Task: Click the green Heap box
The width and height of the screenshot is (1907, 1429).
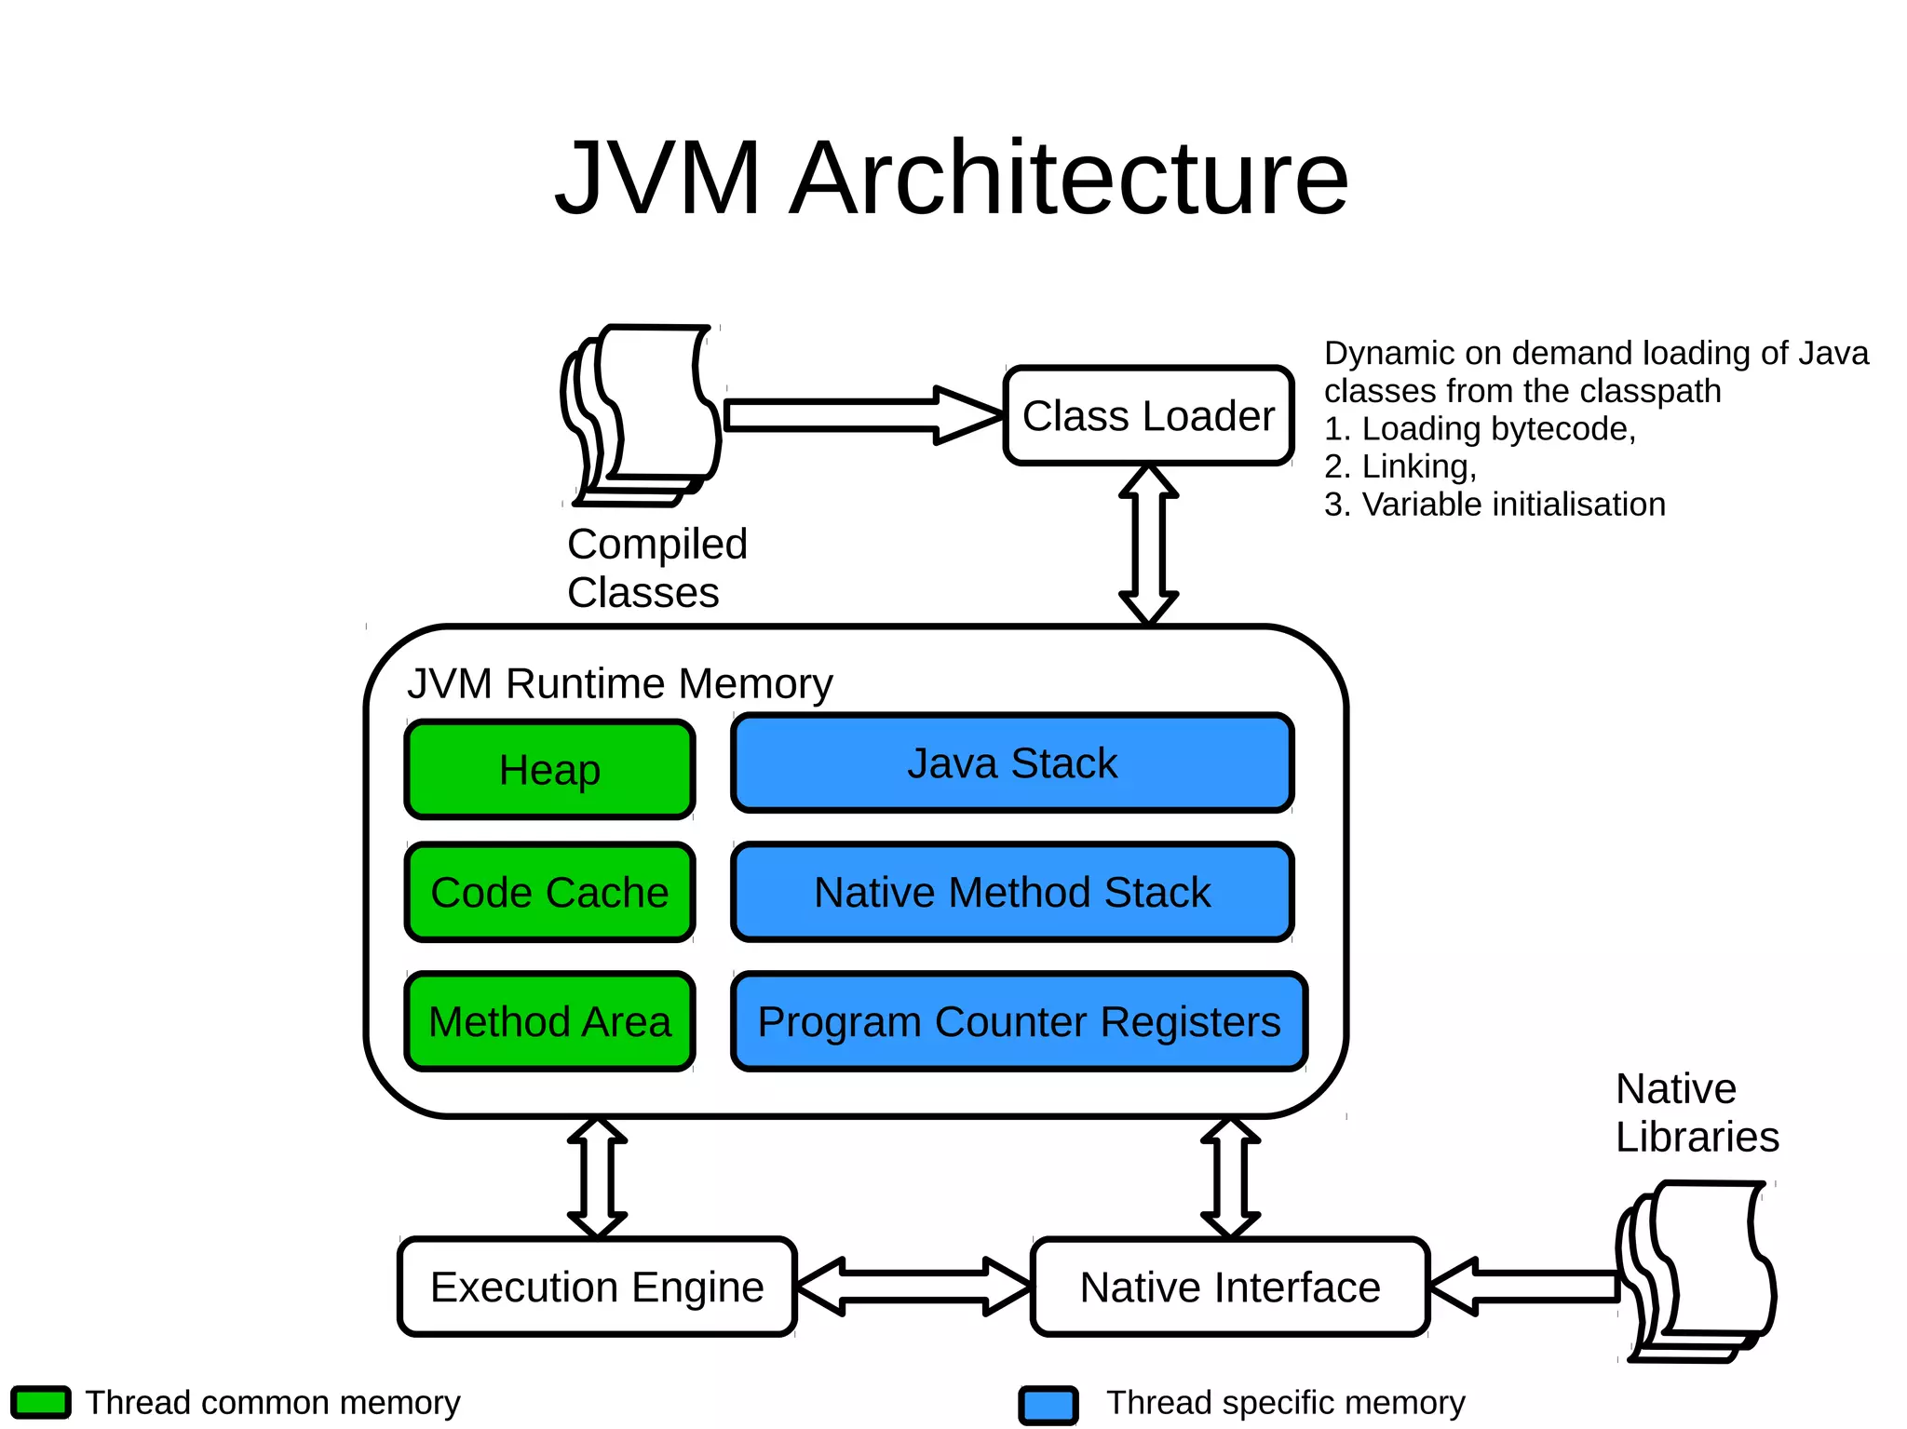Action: tap(549, 770)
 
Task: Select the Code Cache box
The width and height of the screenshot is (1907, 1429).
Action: tap(549, 892)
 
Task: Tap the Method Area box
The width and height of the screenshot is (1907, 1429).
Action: tap(549, 1021)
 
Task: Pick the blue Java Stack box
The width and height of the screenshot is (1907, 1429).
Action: tap(1012, 763)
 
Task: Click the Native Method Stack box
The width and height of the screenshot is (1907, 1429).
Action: tap(1012, 892)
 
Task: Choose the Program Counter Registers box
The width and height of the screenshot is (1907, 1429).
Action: tap(1019, 1021)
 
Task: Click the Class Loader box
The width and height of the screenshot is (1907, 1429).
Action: tap(1148, 415)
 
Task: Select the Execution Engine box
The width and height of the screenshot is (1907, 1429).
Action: tap(597, 1287)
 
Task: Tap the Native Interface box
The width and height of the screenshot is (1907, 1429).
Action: tap(1229, 1287)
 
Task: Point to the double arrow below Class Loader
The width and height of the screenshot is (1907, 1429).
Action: tap(1148, 544)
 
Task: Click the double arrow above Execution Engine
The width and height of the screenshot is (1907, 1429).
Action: tap(597, 1178)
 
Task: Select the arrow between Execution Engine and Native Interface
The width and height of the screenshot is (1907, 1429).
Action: tap(913, 1287)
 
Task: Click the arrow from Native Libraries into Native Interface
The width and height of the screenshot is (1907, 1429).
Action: tap(1527, 1287)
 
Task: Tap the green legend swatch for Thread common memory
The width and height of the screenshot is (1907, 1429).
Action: tap(41, 1402)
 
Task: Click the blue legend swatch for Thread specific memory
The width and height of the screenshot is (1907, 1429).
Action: tap(1048, 1405)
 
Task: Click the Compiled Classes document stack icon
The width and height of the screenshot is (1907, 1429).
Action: tap(642, 414)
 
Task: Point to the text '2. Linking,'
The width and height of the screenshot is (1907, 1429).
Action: tap(1400, 466)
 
